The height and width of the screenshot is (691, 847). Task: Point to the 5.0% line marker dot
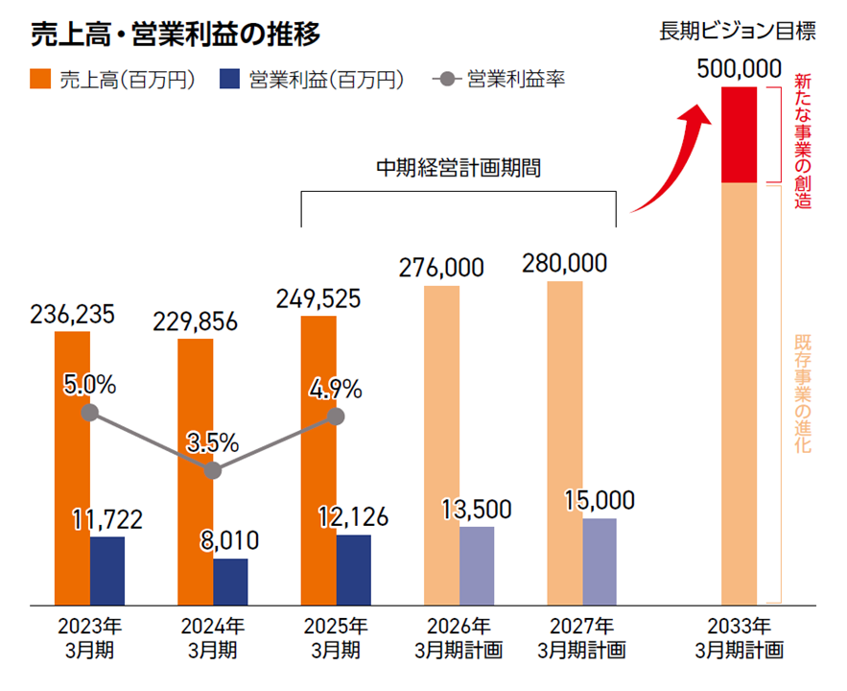90,413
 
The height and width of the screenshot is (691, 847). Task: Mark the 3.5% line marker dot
213,470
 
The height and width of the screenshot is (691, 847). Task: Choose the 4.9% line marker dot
336,417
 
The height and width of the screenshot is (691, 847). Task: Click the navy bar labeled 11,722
107,571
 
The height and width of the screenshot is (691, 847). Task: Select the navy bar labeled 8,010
230,582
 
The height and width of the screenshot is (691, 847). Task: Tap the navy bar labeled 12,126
354,570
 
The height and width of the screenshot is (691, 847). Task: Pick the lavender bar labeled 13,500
477,566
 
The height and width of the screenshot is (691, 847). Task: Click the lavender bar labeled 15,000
600,561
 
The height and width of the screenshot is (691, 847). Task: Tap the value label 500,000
738,70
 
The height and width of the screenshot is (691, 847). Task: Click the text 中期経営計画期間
459,170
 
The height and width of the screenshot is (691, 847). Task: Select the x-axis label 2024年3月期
213,638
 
